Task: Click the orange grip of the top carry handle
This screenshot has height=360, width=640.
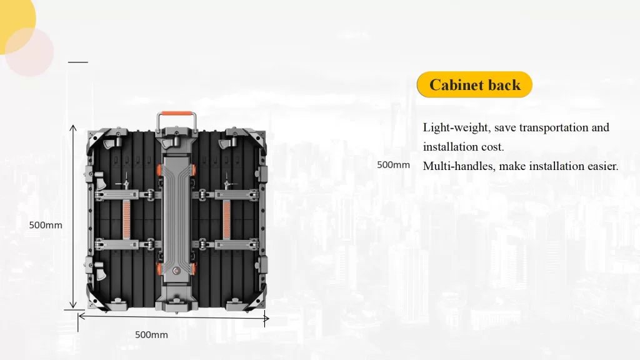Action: (177, 114)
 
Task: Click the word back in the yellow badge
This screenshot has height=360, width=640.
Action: (504, 85)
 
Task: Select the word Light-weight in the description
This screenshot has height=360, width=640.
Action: (456, 127)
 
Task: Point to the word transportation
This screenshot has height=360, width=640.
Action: (553, 127)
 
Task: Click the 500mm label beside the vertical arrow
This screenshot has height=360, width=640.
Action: (46, 225)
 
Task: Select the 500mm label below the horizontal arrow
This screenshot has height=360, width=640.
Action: (151, 335)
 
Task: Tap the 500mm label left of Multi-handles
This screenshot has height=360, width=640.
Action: (394, 165)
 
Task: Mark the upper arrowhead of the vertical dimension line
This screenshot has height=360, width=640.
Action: (72, 127)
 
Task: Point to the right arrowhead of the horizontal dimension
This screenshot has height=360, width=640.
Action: (266, 318)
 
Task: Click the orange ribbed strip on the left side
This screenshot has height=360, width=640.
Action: (126, 219)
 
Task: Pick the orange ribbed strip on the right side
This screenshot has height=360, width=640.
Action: (227, 219)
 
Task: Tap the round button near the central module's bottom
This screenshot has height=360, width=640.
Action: (176, 271)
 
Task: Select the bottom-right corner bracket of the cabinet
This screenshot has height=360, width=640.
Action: (256, 300)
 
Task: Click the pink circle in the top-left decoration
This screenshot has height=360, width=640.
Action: (29, 52)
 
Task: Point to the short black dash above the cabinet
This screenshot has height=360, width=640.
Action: (78, 62)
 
